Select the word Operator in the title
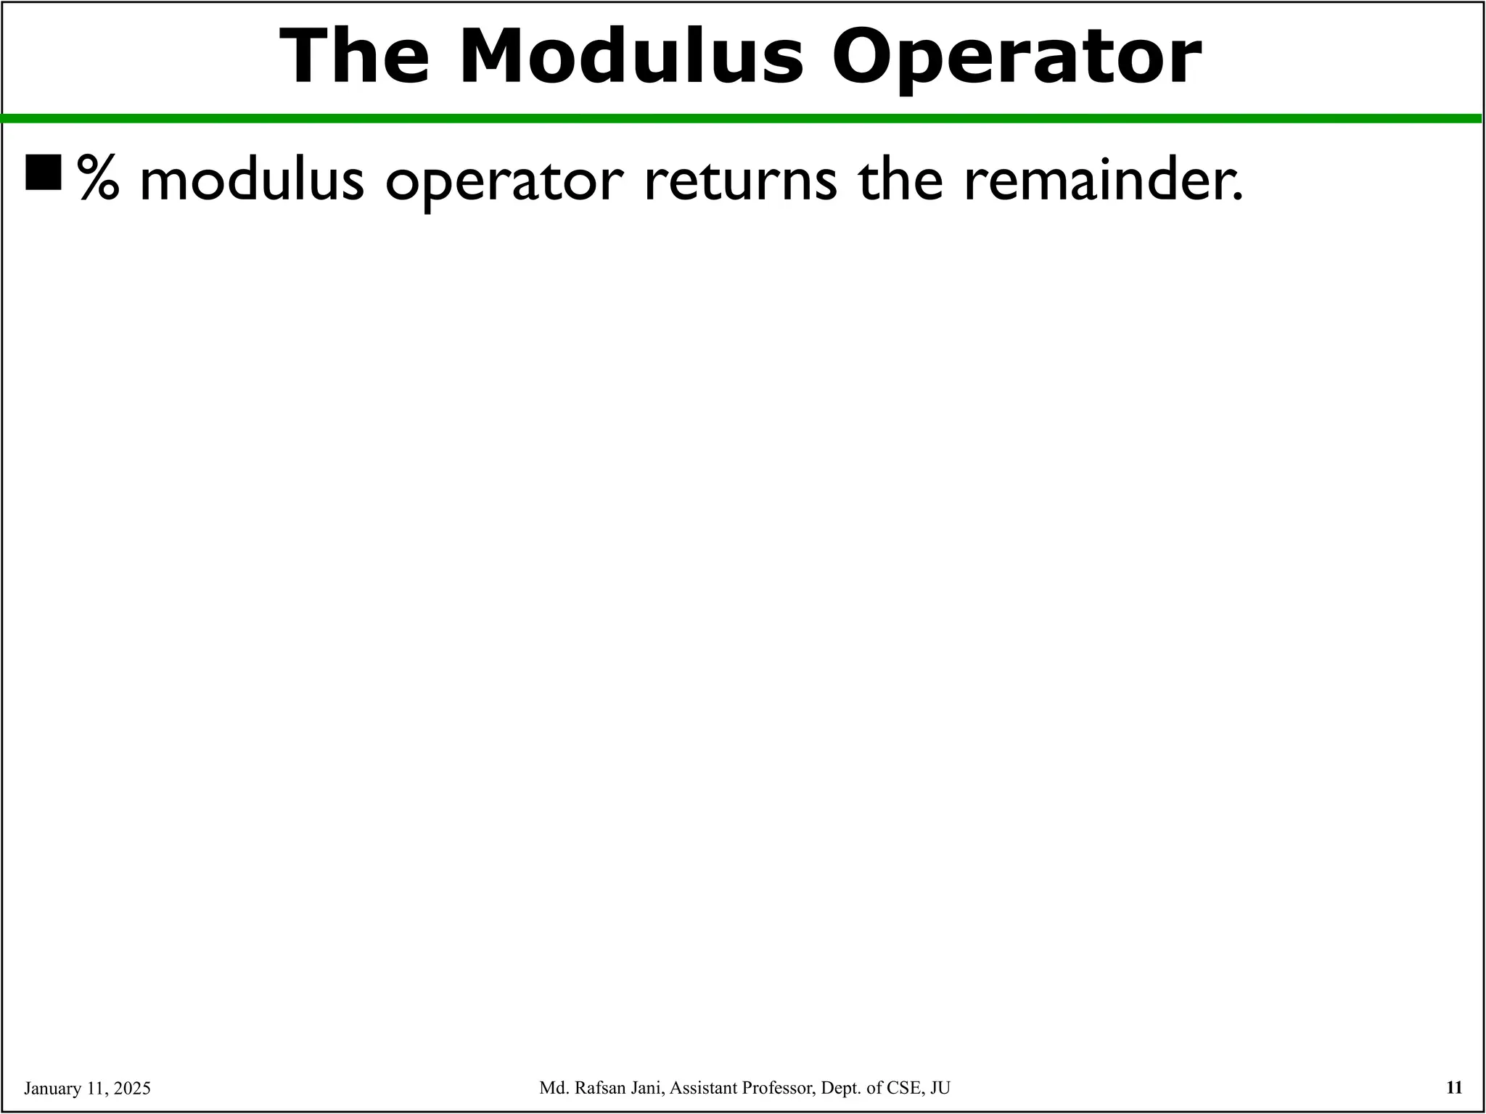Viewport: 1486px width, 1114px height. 1016,58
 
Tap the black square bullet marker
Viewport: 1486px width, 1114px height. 44,172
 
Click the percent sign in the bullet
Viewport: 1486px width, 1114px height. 98,178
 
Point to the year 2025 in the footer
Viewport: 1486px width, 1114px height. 133,1089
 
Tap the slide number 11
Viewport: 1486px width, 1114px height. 1454,1087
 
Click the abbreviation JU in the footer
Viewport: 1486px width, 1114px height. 940,1088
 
